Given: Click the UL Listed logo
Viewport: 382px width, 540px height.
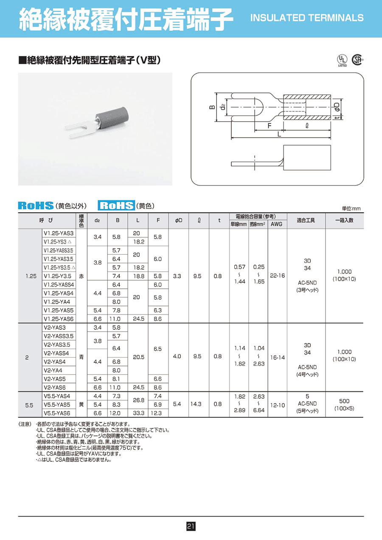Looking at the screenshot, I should (x=342, y=60).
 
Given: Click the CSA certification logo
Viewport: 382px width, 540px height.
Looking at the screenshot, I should (x=359, y=60).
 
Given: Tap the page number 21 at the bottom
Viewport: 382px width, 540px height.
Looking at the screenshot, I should (x=191, y=526).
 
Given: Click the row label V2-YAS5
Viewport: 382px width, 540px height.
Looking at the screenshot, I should (x=55, y=379).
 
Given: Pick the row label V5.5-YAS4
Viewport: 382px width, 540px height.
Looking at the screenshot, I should (x=57, y=396).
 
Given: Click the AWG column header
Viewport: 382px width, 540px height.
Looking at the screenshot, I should (x=276, y=224).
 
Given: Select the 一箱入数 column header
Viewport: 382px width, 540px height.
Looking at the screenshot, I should (x=344, y=220).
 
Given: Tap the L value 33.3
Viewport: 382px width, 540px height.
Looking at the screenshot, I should (x=138, y=413).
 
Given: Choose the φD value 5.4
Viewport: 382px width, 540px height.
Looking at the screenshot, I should (x=177, y=404).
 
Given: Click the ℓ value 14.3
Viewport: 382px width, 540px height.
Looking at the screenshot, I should (x=197, y=404).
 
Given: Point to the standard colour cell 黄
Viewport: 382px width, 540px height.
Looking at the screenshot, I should (x=81, y=404).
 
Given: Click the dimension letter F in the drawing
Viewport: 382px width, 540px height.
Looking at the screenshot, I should (x=270, y=126).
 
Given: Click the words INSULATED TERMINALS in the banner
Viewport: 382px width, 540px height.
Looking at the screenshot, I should (x=307, y=18).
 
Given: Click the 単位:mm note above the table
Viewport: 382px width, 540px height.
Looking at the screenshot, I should (x=351, y=208).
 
